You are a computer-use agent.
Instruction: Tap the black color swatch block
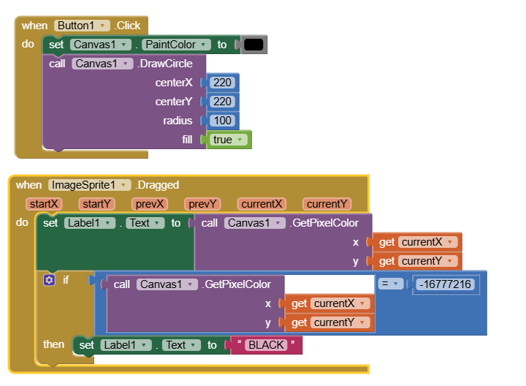(254, 45)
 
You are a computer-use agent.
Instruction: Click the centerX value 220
(223, 83)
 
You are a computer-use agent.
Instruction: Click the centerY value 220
(223, 102)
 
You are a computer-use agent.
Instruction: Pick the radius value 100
(223, 121)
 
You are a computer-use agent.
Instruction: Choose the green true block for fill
(229, 140)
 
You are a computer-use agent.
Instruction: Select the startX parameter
(45, 204)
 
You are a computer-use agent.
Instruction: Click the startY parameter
(96, 204)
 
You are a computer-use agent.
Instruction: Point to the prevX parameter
(150, 204)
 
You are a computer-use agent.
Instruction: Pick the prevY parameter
(202, 204)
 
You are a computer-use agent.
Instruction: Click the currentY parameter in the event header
(327, 204)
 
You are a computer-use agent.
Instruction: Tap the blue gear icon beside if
(49, 280)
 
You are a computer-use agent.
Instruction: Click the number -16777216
(446, 284)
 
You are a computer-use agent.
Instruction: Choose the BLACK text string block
(265, 345)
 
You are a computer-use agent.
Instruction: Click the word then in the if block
(53, 344)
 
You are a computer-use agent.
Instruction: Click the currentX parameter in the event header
(262, 204)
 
